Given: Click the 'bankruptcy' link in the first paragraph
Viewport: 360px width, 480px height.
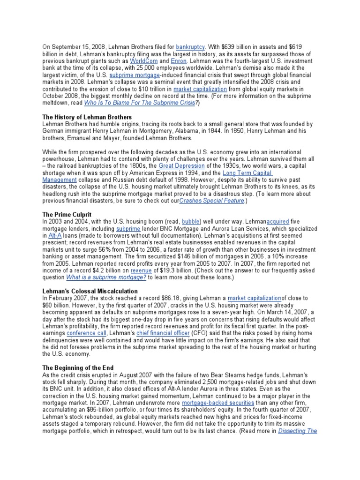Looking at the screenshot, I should (x=190, y=47).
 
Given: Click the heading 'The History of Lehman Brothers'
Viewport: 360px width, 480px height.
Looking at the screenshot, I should (x=87, y=117).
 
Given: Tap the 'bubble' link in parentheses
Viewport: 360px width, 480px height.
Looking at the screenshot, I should (x=190, y=221).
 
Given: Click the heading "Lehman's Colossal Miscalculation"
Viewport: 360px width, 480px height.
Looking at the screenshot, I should (x=90, y=291).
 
